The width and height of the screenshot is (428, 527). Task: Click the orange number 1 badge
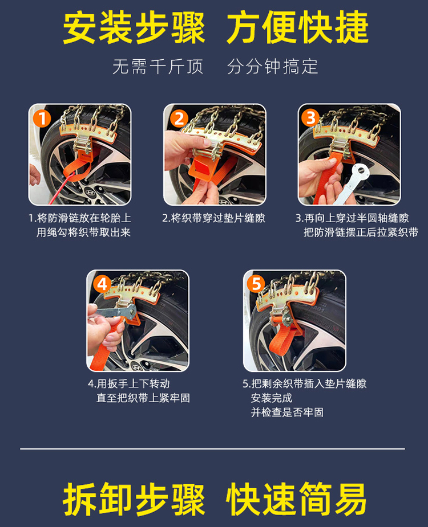coord(42,119)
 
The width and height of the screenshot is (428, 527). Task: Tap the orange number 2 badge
coord(179,119)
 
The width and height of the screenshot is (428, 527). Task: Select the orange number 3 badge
coord(310,117)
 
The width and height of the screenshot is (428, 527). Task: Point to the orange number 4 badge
coord(102,284)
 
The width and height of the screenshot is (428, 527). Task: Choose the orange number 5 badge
coord(256,284)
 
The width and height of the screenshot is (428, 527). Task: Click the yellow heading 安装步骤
coord(134,27)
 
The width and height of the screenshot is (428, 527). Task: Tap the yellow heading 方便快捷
coord(298,27)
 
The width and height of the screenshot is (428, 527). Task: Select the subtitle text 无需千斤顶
coord(158,67)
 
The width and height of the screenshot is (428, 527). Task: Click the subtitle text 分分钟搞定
coord(272,67)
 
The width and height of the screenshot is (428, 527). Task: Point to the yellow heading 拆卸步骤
coord(134,499)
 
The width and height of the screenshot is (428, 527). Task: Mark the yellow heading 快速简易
coord(296,499)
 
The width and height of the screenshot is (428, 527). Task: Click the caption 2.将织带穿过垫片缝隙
coord(214,218)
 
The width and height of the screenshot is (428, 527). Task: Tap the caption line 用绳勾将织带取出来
coord(83,232)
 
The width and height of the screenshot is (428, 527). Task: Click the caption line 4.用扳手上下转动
coord(128,383)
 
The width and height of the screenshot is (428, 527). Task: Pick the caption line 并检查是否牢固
coord(287,412)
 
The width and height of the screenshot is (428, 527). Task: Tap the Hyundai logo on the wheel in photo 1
coord(90,193)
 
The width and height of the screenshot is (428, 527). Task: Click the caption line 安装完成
coord(272,398)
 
